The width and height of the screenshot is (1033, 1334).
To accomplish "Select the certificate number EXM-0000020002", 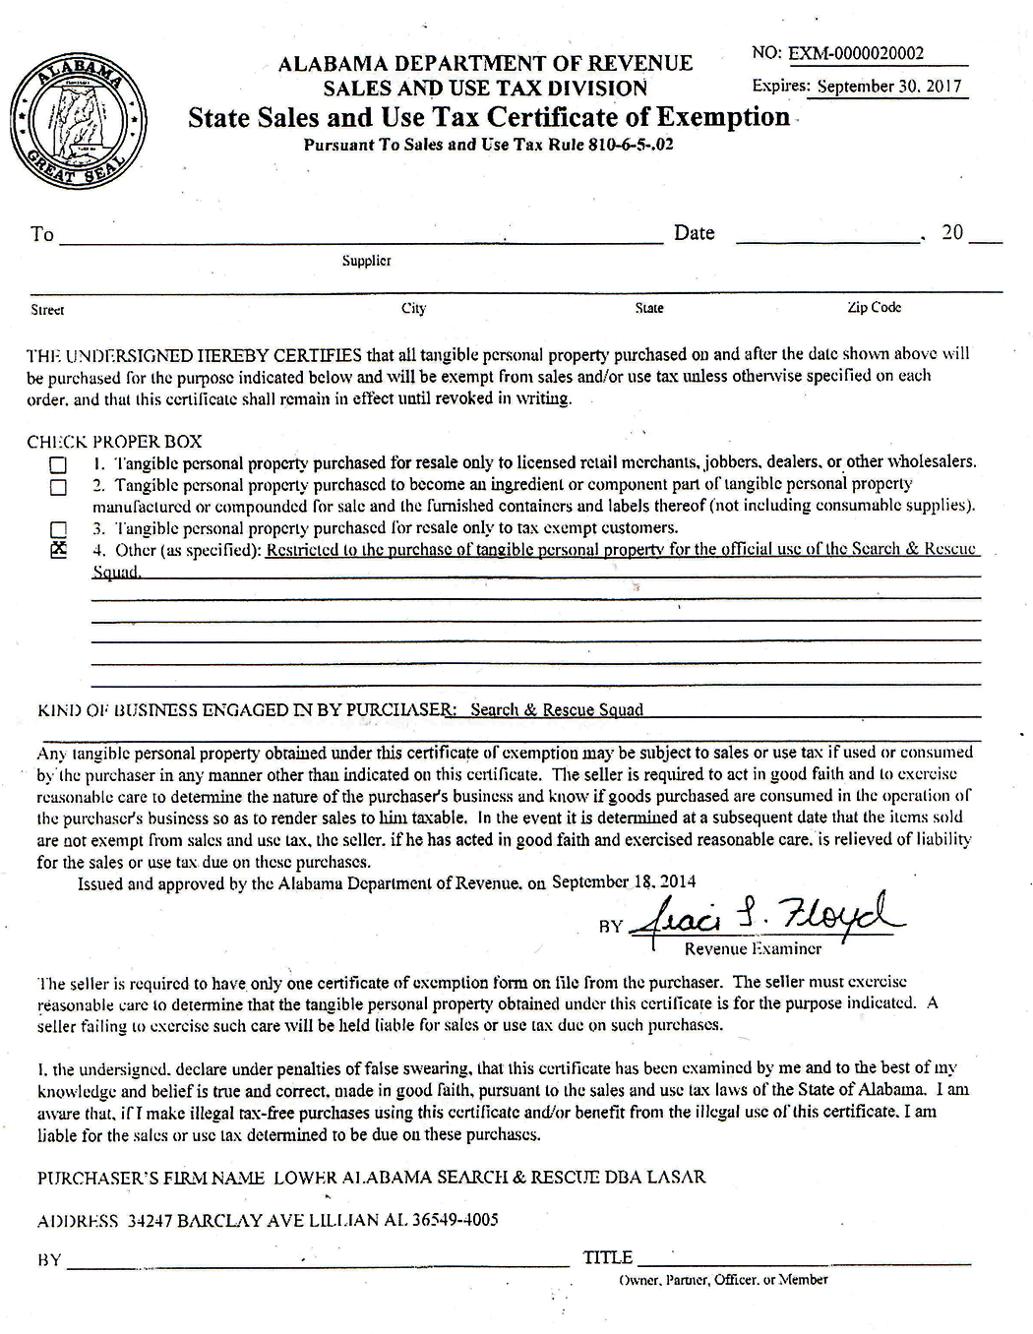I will click(856, 54).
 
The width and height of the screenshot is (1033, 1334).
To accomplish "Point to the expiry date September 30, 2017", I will click(888, 86).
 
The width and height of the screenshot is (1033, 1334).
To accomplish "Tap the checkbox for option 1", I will click(59, 464).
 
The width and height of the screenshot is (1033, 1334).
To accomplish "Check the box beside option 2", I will click(59, 486).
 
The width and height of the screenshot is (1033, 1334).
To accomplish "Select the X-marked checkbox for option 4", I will click(59, 550).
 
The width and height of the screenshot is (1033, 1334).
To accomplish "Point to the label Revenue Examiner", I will click(753, 948).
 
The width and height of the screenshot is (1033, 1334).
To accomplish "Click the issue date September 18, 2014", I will click(624, 881).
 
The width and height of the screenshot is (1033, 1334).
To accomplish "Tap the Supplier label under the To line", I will click(366, 261).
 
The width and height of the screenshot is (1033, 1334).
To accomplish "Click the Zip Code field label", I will click(874, 307).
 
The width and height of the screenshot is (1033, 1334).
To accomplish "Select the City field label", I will click(413, 308).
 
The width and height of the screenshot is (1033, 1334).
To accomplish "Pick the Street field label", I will click(47, 310).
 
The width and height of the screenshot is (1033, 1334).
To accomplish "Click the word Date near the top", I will click(694, 233).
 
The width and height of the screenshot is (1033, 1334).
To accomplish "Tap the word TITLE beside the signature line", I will click(607, 1257).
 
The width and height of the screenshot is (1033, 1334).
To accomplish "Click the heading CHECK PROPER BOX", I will click(114, 442).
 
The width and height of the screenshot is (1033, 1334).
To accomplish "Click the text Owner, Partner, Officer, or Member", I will click(723, 1280).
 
